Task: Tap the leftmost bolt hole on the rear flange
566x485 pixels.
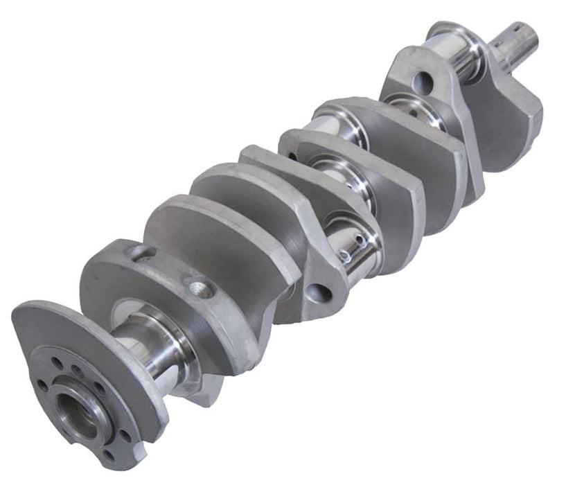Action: click(43, 382)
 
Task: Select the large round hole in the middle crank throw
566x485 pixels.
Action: click(318, 293)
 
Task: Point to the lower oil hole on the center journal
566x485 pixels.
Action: click(344, 255)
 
